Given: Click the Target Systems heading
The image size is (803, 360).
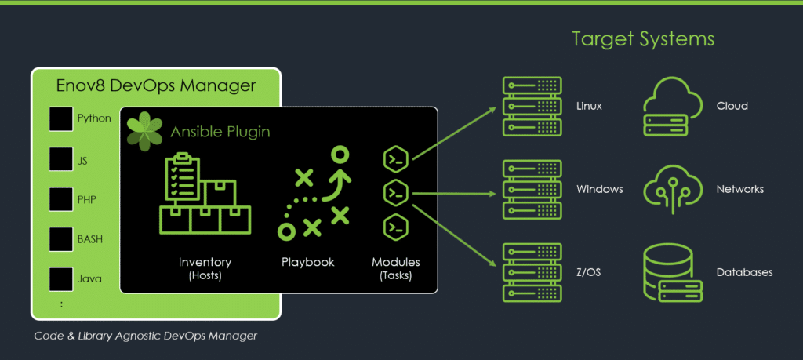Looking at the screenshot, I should [643, 38].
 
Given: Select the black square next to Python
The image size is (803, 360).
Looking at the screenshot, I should [61, 119].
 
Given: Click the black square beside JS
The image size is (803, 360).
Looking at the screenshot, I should [61, 159].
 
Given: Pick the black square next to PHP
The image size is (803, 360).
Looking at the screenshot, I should [61, 199].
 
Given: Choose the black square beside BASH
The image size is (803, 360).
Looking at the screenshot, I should [61, 239].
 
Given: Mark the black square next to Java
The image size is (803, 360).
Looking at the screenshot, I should [61, 278].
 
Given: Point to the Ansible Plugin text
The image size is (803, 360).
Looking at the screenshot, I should [220, 133].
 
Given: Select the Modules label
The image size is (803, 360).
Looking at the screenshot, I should [395, 262].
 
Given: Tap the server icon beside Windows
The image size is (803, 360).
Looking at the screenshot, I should [532, 189].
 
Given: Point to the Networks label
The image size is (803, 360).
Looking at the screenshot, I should [739, 189].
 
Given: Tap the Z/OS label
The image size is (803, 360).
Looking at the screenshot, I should [589, 272].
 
